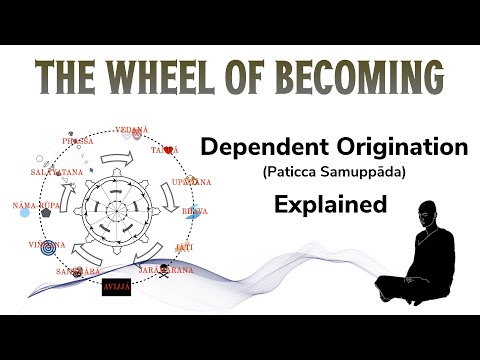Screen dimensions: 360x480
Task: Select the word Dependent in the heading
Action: pyautogui.click(x=255, y=148)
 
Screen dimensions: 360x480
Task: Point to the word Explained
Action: pyautogui.click(x=331, y=205)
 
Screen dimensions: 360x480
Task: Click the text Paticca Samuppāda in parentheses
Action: pyautogui.click(x=332, y=174)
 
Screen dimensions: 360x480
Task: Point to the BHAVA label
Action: pyautogui.click(x=205, y=213)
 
